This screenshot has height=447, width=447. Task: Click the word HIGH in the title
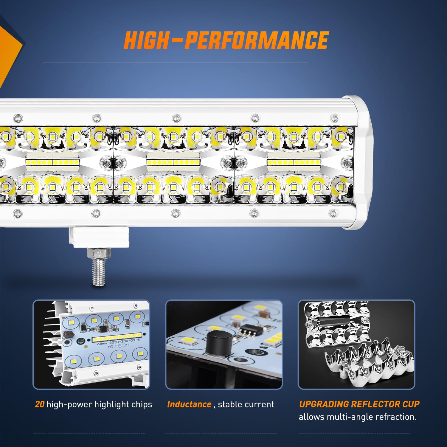tap(146, 41)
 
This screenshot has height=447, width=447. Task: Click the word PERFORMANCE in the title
tap(256, 41)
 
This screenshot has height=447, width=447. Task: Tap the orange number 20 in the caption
tap(40, 404)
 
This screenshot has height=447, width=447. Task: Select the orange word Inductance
tap(189, 404)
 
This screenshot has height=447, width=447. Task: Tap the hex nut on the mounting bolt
tap(99, 253)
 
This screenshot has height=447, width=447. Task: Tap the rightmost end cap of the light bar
tap(362, 162)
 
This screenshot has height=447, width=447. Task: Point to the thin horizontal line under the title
tap(175, 63)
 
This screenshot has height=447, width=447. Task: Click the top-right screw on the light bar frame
tap(334, 118)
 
